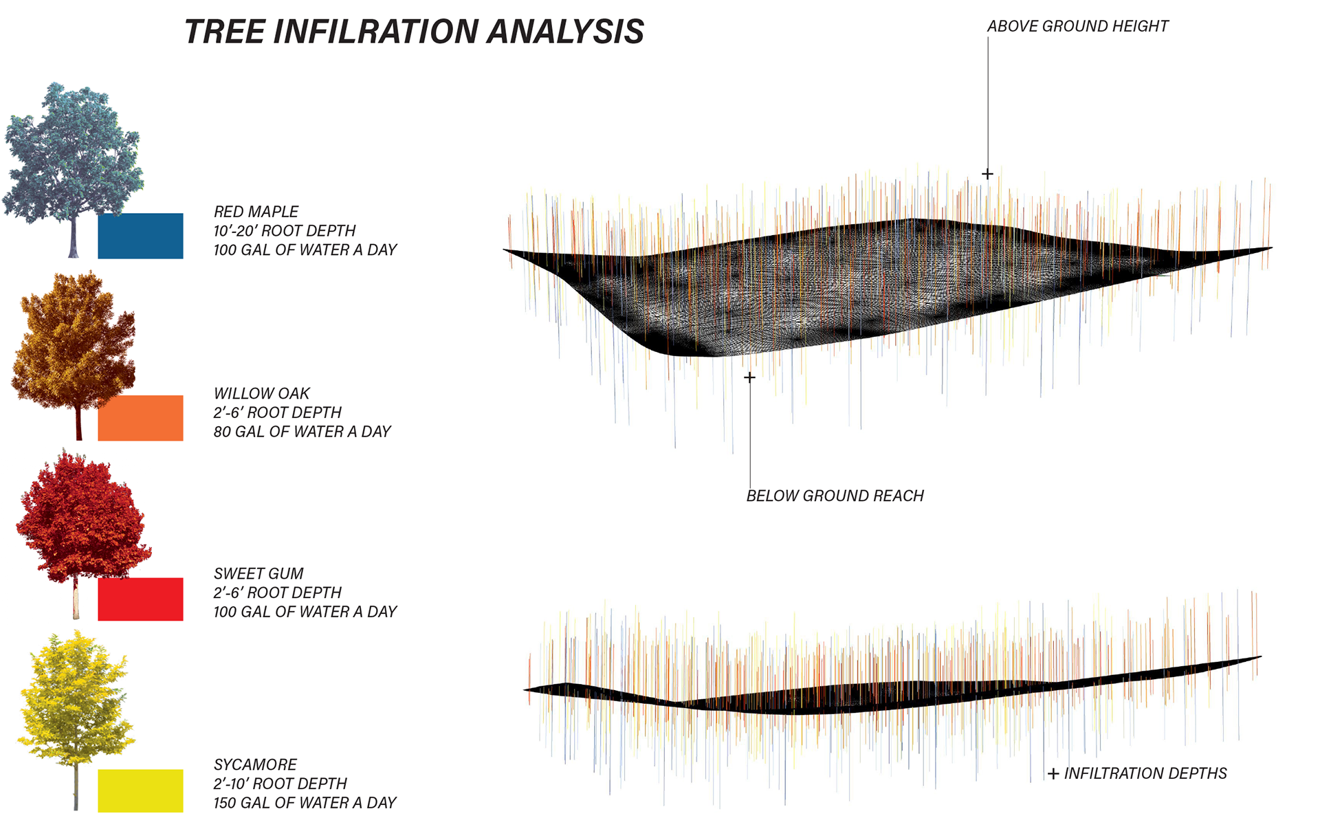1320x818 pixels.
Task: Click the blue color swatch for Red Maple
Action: (140, 236)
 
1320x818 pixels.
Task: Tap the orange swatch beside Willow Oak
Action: (140, 417)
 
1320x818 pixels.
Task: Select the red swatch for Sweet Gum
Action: (140, 599)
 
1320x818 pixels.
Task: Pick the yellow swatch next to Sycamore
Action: (140, 791)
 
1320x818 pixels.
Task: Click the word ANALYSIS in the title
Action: (566, 32)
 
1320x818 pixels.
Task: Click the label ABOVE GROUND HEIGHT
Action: (1077, 26)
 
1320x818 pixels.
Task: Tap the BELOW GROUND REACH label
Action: (835, 496)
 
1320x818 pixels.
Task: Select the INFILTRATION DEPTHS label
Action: (1145, 773)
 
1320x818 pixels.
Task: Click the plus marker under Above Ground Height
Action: (987, 174)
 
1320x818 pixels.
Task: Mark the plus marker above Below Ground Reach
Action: (749, 377)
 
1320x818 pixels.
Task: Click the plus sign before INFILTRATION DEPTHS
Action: (1053, 774)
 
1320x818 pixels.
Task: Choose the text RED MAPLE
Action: (256, 212)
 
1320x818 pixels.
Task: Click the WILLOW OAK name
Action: (261, 393)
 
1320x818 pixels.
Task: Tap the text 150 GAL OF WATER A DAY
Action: (305, 802)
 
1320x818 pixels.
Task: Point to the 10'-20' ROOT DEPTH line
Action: (285, 231)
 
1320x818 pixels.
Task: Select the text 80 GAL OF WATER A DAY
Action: (302, 432)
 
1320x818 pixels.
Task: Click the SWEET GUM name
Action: (258, 573)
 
